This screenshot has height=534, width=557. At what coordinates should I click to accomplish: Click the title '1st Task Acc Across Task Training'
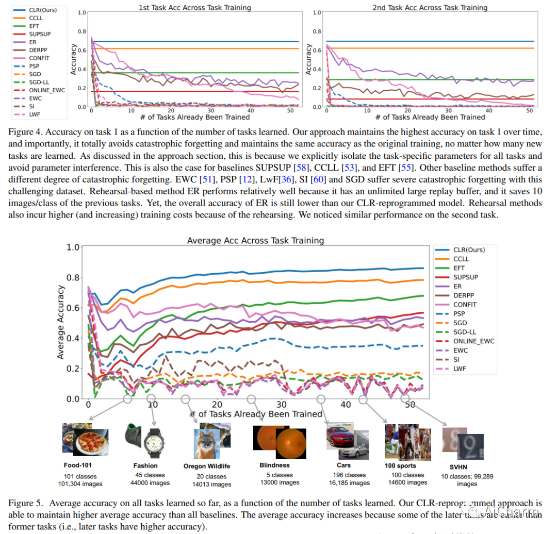(194, 8)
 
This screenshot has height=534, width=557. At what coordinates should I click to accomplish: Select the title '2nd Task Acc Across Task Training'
(430, 8)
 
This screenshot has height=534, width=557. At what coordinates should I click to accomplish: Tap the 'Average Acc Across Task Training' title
(255, 240)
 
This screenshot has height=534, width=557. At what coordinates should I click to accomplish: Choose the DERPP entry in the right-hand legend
(463, 295)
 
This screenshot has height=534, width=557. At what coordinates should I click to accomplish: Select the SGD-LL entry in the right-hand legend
(465, 332)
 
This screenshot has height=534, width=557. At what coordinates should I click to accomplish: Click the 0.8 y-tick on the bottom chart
(73, 277)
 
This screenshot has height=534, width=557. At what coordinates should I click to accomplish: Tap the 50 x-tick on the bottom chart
(410, 405)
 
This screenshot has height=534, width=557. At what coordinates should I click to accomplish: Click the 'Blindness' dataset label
(274, 465)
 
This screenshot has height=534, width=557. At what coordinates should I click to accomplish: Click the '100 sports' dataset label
(400, 466)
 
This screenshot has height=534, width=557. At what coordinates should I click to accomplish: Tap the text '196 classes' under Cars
(349, 475)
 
